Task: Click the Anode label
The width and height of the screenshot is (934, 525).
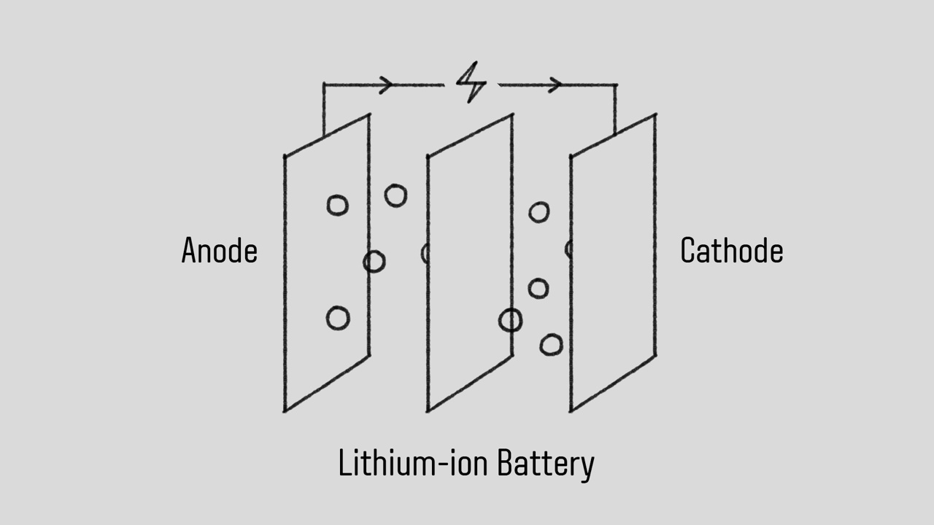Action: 219,251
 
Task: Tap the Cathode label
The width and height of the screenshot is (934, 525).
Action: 731,251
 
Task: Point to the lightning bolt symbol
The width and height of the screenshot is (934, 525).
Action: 471,84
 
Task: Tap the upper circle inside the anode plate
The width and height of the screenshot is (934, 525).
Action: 337,206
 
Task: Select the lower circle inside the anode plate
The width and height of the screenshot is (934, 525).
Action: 338,318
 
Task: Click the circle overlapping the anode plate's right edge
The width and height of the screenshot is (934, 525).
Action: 374,261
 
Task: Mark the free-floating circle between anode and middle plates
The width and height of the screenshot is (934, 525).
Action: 395,195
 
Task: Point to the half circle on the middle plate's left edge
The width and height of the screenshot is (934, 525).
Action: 425,253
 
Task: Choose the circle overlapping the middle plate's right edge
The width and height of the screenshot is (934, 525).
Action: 511,320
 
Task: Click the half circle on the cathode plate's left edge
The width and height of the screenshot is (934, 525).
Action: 568,249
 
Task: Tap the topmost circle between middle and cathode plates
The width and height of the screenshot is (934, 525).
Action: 539,212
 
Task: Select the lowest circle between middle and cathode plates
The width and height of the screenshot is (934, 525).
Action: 551,344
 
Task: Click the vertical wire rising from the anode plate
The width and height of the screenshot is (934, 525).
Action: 324,109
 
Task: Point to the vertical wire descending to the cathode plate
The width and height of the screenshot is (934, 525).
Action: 615,109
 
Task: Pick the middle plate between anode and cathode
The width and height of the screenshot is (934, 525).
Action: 469,262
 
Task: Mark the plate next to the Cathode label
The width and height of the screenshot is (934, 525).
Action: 613,262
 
